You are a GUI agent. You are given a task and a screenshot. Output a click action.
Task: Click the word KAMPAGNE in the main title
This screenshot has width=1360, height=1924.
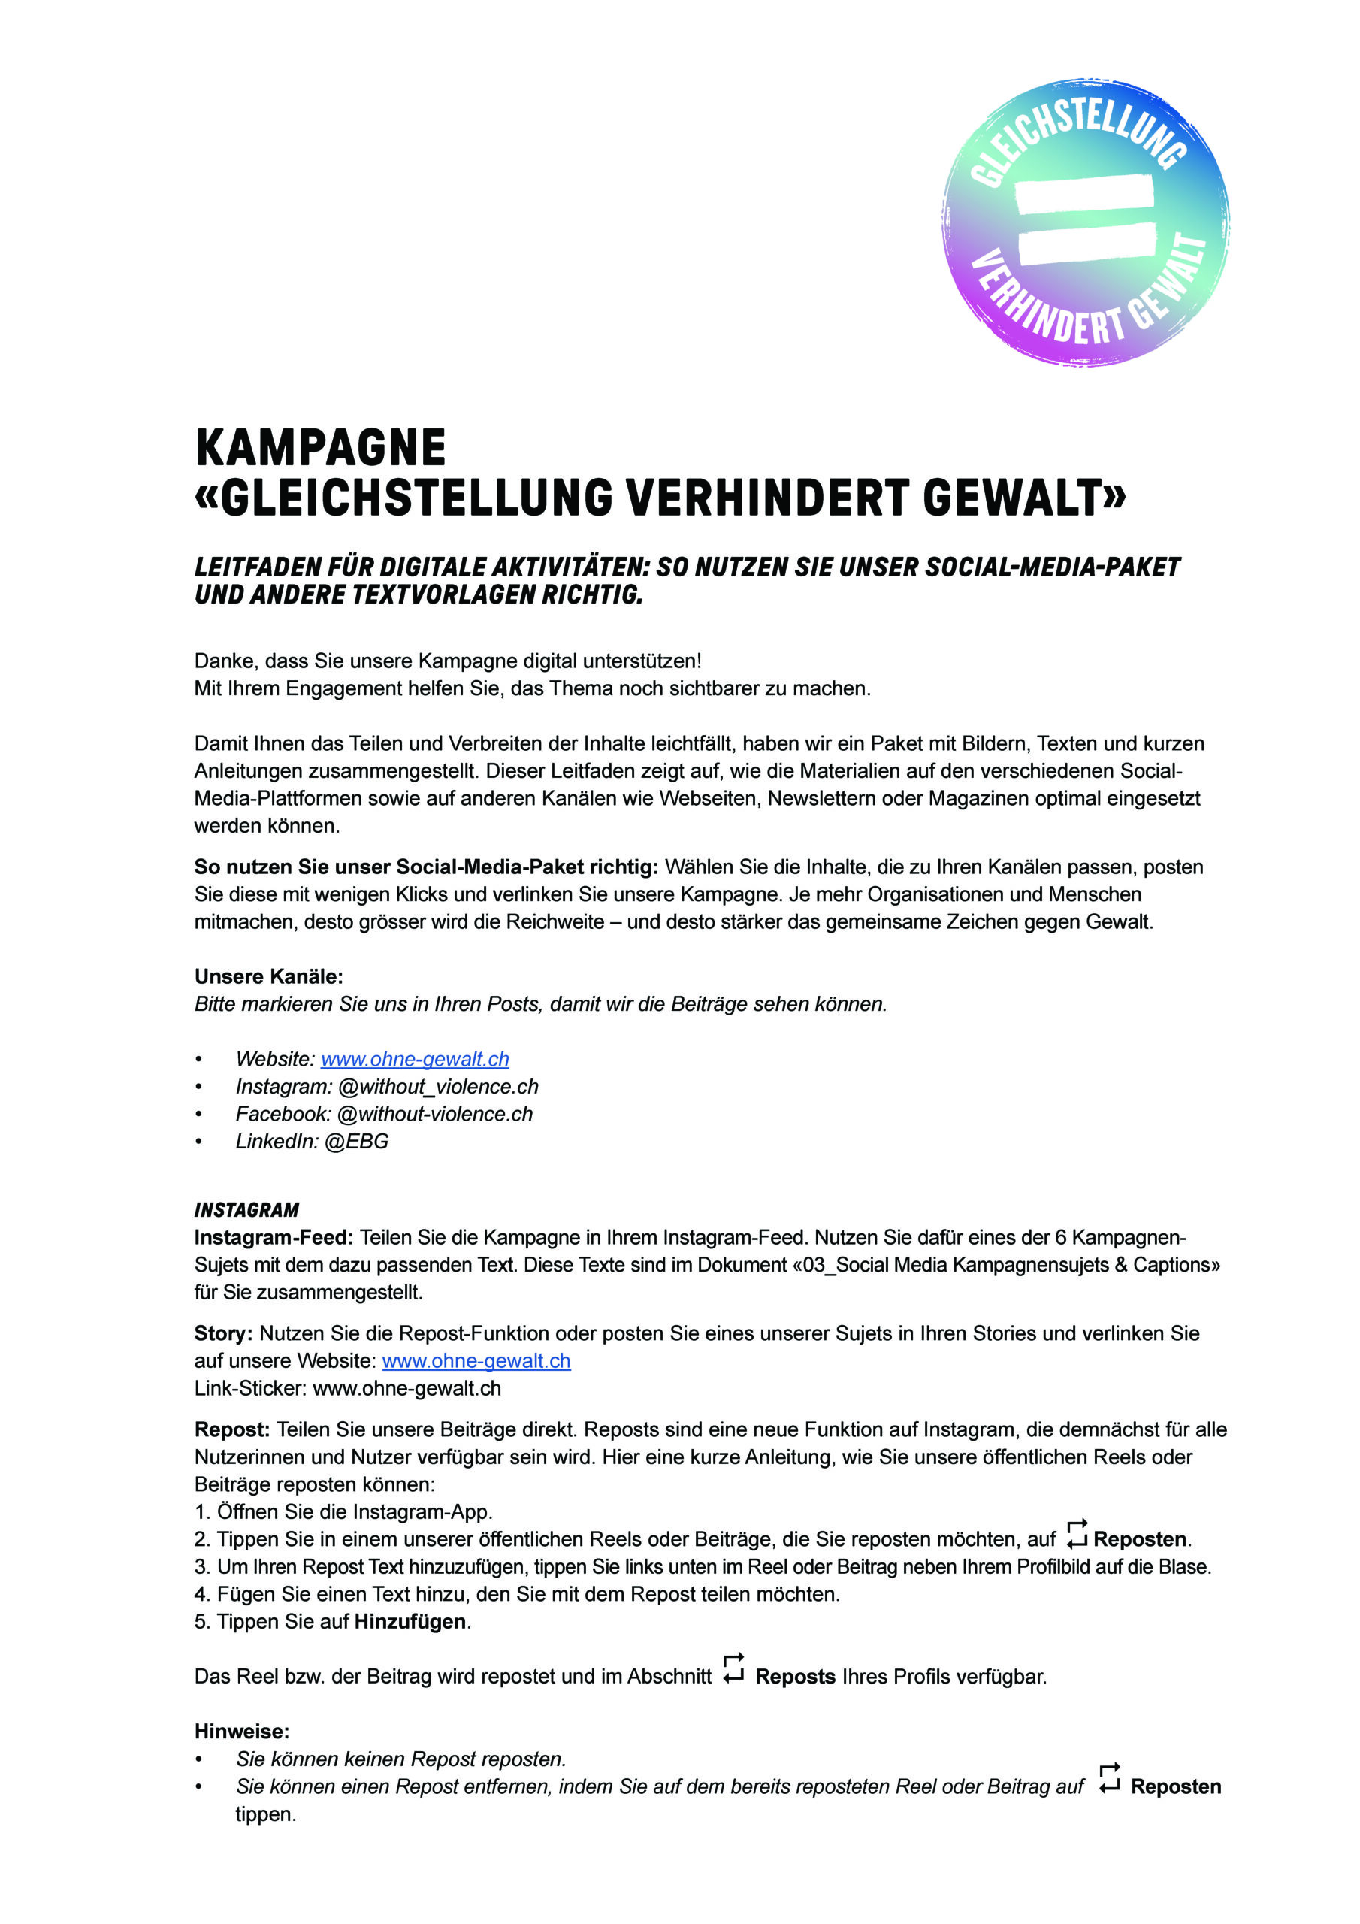coord(320,449)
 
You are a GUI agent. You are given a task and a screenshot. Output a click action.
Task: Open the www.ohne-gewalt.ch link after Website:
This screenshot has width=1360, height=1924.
coord(415,1059)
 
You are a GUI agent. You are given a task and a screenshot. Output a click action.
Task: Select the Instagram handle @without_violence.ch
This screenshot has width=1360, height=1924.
coord(437,1087)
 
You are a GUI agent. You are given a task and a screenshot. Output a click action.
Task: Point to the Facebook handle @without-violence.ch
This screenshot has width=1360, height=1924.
coord(434,1115)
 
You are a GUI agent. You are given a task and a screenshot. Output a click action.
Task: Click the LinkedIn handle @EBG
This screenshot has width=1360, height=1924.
coord(356,1142)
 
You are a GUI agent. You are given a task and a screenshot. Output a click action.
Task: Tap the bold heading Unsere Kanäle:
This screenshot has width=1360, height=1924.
coord(268,977)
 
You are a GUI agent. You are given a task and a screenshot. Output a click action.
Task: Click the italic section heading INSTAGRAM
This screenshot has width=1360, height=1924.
coord(246,1210)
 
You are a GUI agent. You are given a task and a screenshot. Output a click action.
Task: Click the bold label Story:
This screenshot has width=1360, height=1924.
coord(223,1333)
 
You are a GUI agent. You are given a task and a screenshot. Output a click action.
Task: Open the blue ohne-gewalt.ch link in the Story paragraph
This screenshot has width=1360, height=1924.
coord(476,1361)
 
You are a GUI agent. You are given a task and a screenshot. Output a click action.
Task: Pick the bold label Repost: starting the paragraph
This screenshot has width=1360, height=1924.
coord(232,1429)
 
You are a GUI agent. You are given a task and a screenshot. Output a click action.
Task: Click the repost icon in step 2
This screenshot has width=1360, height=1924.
coord(1077,1535)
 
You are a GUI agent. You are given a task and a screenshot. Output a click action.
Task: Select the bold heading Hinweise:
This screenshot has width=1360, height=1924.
coord(241,1732)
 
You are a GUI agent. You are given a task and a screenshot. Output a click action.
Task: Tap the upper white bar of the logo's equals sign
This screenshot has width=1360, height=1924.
coord(1084,192)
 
